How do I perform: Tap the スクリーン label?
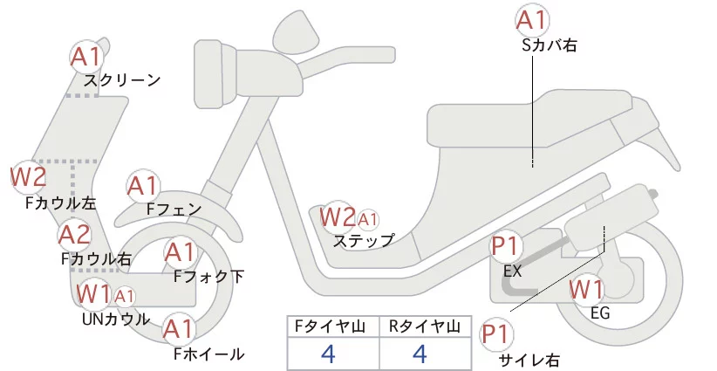coord(122,80)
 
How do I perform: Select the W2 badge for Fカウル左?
coord(28,178)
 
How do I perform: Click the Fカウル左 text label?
coord(60,203)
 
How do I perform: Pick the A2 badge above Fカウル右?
coord(74,234)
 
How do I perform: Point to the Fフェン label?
coord(174,210)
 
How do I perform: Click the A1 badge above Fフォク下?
coord(181,252)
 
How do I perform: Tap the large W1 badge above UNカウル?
coord(93,294)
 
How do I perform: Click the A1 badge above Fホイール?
coord(180,329)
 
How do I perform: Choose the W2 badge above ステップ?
coord(338,216)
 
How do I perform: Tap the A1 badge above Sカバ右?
coord(532,19)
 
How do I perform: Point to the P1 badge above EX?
coord(506,245)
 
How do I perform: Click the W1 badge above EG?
coord(586,288)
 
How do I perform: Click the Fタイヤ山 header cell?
coord(333,326)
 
